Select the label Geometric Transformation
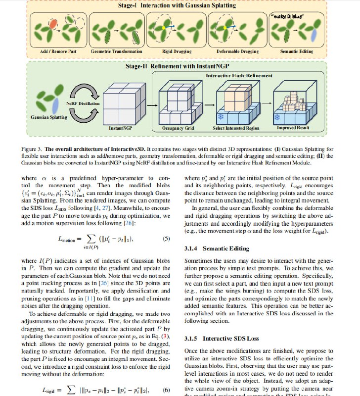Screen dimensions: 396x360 pyautogui.click(x=116, y=51)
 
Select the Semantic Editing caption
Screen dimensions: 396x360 pyautogui.click(x=296, y=51)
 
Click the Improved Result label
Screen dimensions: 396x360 pyautogui.click(x=294, y=128)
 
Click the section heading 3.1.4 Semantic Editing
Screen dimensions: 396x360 pyautogui.click(x=213, y=248)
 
